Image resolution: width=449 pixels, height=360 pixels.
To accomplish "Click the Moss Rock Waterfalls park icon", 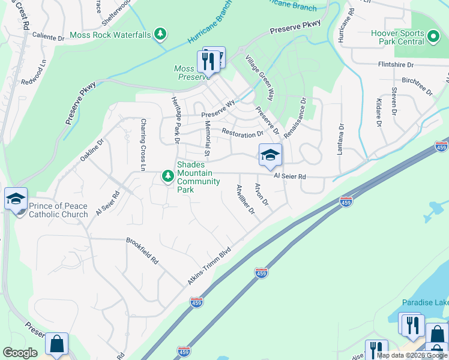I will click(160, 35).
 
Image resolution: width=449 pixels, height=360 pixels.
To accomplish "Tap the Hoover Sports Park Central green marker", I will click(434, 37).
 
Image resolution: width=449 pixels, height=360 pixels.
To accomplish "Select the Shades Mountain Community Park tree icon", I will click(167, 176).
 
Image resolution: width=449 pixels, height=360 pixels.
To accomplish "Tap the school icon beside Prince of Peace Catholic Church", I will click(15, 198).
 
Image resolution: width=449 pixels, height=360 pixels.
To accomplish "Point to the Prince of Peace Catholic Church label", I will click(58, 210).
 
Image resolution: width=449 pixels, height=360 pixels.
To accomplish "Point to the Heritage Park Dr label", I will click(176, 120).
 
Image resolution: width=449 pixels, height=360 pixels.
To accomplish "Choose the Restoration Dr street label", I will click(243, 133).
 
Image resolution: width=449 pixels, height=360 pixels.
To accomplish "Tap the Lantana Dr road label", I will click(340, 139).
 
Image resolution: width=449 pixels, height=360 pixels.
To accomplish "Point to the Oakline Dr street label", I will click(92, 151).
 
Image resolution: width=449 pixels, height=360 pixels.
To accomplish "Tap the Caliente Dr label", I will click(48, 37).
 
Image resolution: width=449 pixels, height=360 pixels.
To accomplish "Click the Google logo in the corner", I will click(20, 353).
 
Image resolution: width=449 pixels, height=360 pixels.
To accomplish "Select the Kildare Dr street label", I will click(379, 113).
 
